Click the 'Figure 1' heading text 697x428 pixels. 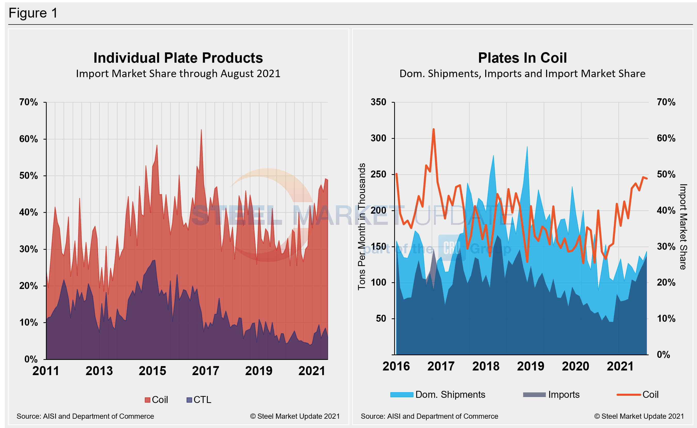pos(33,13)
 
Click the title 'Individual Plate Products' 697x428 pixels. pos(178,58)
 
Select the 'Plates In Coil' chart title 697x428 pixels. pos(522,58)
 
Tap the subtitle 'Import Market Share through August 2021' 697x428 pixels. pos(178,74)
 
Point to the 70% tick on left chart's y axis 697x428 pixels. pos(28,102)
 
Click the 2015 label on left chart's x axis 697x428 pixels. pos(152,371)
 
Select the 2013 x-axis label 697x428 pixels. pos(99,371)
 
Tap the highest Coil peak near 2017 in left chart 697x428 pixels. pos(201,130)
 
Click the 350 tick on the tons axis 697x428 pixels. pos(378,102)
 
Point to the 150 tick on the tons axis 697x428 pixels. pos(378,246)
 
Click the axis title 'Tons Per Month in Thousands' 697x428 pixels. pos(361,227)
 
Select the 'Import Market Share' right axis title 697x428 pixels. pos(683,227)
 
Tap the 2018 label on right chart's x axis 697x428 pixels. pos(486,366)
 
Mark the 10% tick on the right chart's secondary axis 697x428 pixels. pos(666,318)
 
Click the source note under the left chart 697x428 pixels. pos(85,416)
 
